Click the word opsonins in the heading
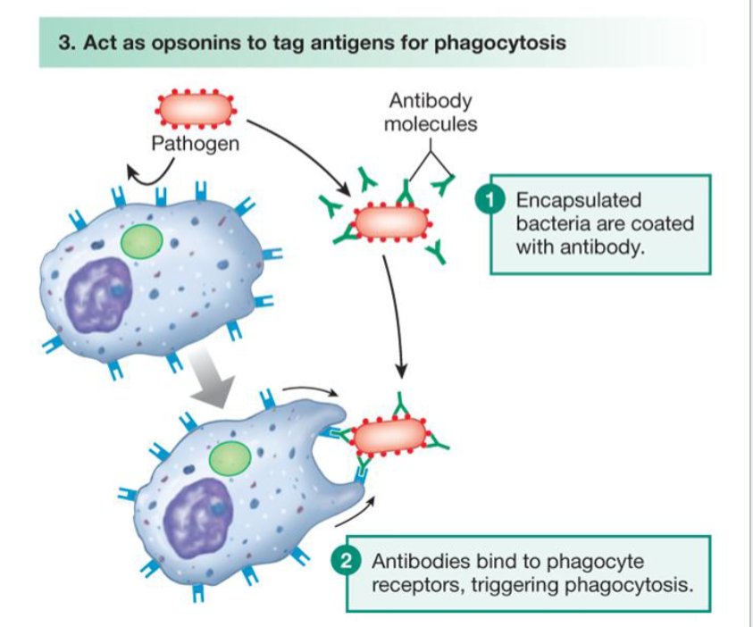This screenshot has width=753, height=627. tap(197, 43)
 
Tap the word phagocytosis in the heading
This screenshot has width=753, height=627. tap(500, 43)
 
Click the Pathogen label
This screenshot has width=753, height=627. tap(195, 144)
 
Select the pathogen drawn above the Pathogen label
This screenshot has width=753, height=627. tap(196, 109)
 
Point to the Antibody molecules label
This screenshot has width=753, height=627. tap(431, 113)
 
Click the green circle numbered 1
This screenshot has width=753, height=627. tap(489, 200)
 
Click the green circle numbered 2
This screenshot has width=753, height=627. tap(346, 560)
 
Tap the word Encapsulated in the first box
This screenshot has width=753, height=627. tap(579, 200)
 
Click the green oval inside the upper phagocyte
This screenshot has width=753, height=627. tap(142, 242)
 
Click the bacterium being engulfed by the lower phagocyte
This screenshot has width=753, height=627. tap(390, 435)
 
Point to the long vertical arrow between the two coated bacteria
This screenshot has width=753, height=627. tap(395, 317)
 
